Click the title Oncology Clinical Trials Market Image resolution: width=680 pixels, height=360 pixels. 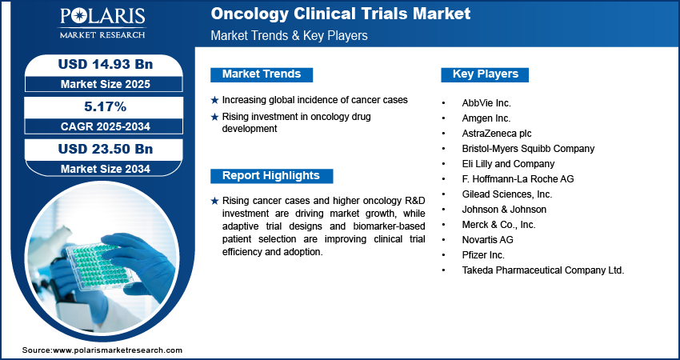(x=341, y=14)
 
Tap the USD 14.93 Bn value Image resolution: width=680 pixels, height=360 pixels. (x=106, y=64)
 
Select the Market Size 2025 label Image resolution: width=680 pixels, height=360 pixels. (x=106, y=84)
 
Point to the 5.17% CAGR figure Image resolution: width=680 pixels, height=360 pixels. (x=105, y=106)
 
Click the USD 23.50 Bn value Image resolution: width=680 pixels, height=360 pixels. (x=106, y=149)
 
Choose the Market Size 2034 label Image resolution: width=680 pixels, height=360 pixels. (x=106, y=169)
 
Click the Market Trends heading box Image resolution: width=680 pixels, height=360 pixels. (x=262, y=74)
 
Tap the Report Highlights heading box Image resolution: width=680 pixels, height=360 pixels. (x=271, y=176)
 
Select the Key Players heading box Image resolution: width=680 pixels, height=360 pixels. (x=485, y=74)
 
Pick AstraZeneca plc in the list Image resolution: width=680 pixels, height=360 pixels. (x=497, y=134)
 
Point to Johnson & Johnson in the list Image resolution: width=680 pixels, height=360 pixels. (x=504, y=210)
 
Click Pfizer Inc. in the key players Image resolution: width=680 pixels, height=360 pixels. (x=483, y=255)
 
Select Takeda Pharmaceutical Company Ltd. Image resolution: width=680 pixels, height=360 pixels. (x=543, y=270)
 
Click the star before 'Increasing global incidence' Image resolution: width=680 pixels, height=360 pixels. (x=214, y=100)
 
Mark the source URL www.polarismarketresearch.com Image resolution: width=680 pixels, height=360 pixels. (x=118, y=350)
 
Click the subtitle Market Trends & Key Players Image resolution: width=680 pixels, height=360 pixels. (x=289, y=35)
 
